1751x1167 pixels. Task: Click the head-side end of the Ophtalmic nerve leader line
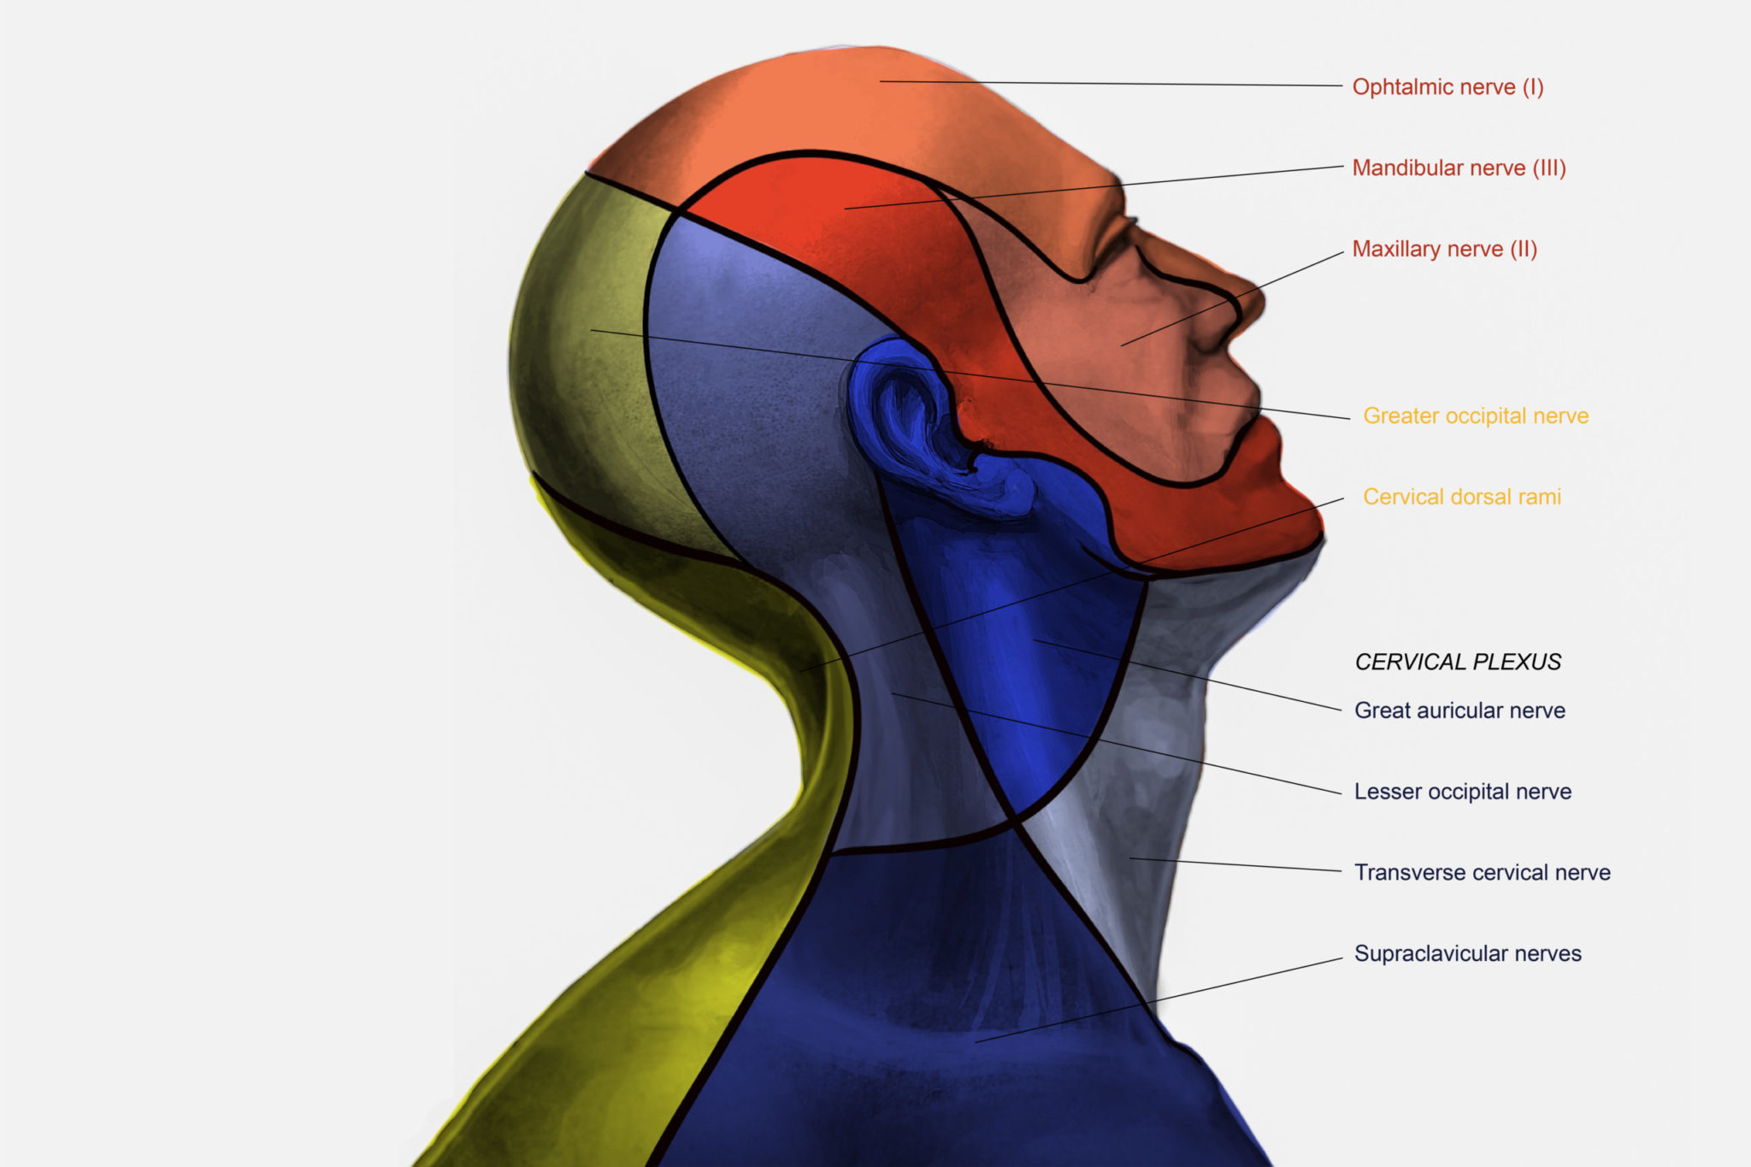(x=881, y=81)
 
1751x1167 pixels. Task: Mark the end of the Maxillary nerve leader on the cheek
(x=1122, y=345)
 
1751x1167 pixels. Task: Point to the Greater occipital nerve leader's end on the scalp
(x=592, y=330)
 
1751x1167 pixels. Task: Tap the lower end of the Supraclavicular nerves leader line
(x=976, y=1041)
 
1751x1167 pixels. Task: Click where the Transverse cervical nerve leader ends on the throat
(x=1130, y=858)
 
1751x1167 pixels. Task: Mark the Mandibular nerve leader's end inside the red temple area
(x=845, y=208)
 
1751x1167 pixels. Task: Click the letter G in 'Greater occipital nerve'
(x=1371, y=416)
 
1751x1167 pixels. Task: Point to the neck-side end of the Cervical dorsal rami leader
(x=801, y=671)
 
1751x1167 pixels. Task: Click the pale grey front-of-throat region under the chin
(x=1180, y=727)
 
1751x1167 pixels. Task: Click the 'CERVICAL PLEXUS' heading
(x=1458, y=662)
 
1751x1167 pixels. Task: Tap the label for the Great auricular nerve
(x=1459, y=710)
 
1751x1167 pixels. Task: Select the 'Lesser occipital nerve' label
(x=1463, y=792)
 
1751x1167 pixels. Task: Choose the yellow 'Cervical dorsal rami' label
(x=1462, y=497)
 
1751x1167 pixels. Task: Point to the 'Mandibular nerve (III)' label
(x=1459, y=168)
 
